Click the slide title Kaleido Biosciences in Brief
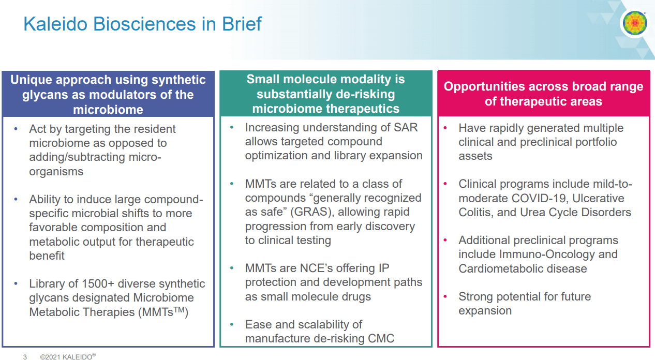click(142, 24)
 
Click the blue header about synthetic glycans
click(108, 94)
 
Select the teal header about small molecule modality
click(325, 94)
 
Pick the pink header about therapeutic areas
click(543, 94)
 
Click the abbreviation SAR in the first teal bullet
click(405, 127)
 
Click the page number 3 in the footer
click(25, 356)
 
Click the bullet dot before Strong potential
click(445, 296)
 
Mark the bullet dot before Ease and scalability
click(232, 324)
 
